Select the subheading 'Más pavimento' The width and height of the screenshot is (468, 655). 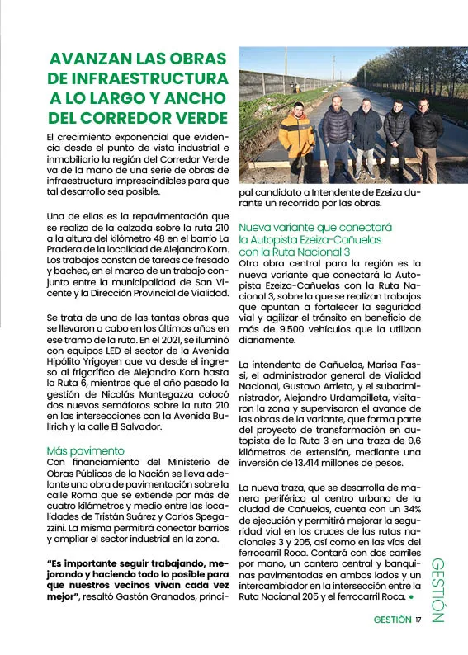click(86, 450)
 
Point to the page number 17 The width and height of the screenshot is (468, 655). click(418, 620)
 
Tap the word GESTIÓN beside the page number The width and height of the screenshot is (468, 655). click(392, 620)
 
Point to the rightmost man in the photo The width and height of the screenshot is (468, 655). click(426, 136)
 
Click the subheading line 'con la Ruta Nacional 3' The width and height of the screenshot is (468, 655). click(295, 251)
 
